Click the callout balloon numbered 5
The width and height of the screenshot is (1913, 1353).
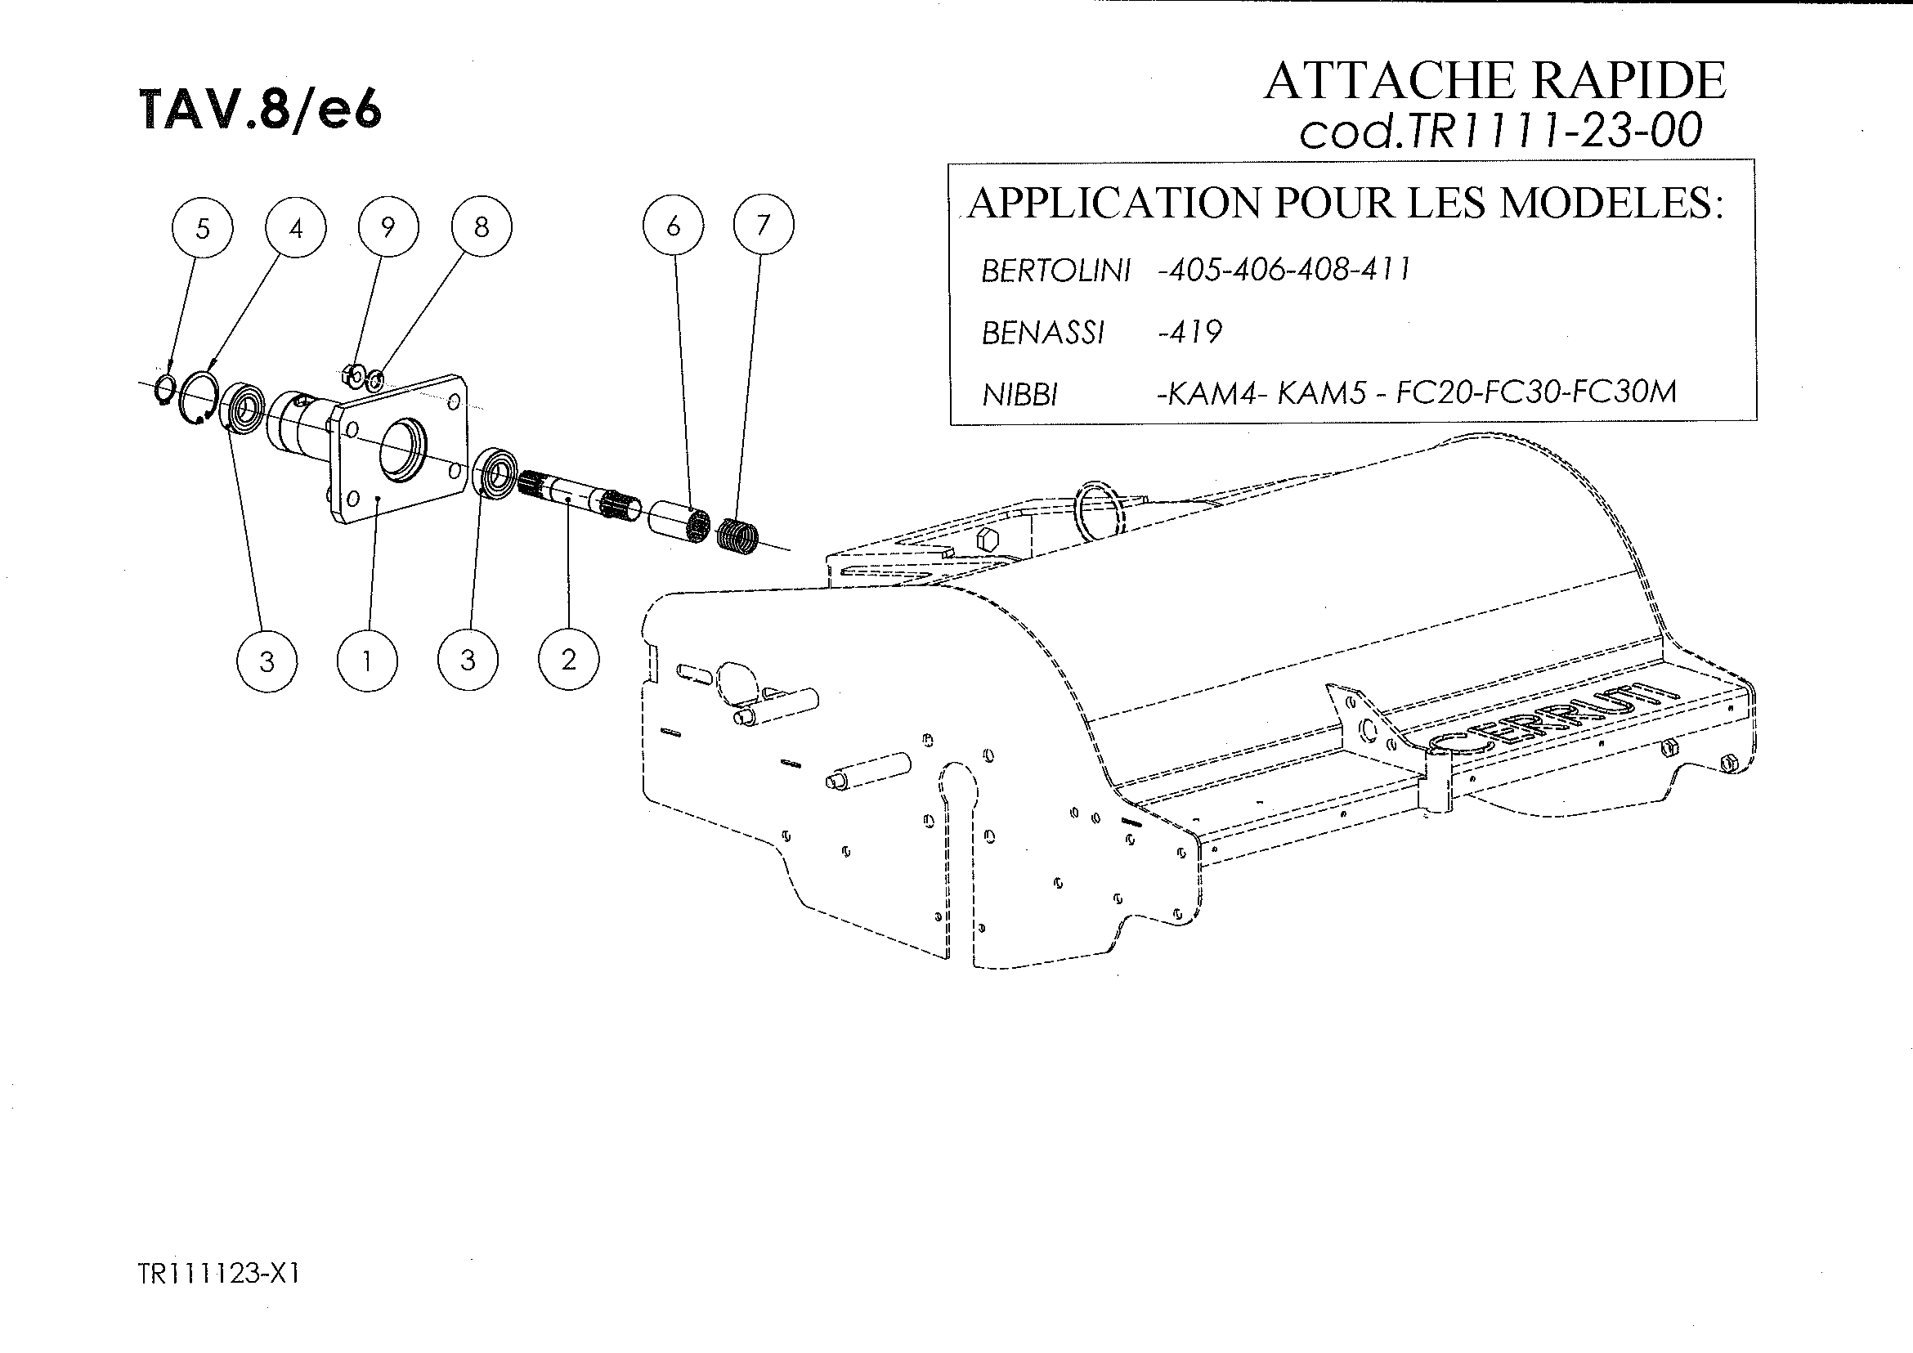point(203,227)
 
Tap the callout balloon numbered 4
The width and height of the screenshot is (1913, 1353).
point(296,227)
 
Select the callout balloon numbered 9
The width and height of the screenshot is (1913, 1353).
point(388,226)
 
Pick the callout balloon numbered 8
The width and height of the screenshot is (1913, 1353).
point(482,226)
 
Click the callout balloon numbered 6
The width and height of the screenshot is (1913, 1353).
point(673,226)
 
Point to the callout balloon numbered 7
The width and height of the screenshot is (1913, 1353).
point(764,225)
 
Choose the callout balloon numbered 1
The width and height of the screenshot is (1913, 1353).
point(367,661)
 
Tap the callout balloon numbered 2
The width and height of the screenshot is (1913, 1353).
point(569,660)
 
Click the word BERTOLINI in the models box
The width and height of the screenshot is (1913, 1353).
point(1055,271)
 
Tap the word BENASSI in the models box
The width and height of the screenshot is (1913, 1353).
point(1043,334)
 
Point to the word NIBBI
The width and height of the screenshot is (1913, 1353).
point(1019,394)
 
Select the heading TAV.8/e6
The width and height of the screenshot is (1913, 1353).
point(261,110)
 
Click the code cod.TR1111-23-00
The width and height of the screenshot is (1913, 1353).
point(1499,132)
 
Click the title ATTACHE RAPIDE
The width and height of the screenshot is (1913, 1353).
point(1494,81)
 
